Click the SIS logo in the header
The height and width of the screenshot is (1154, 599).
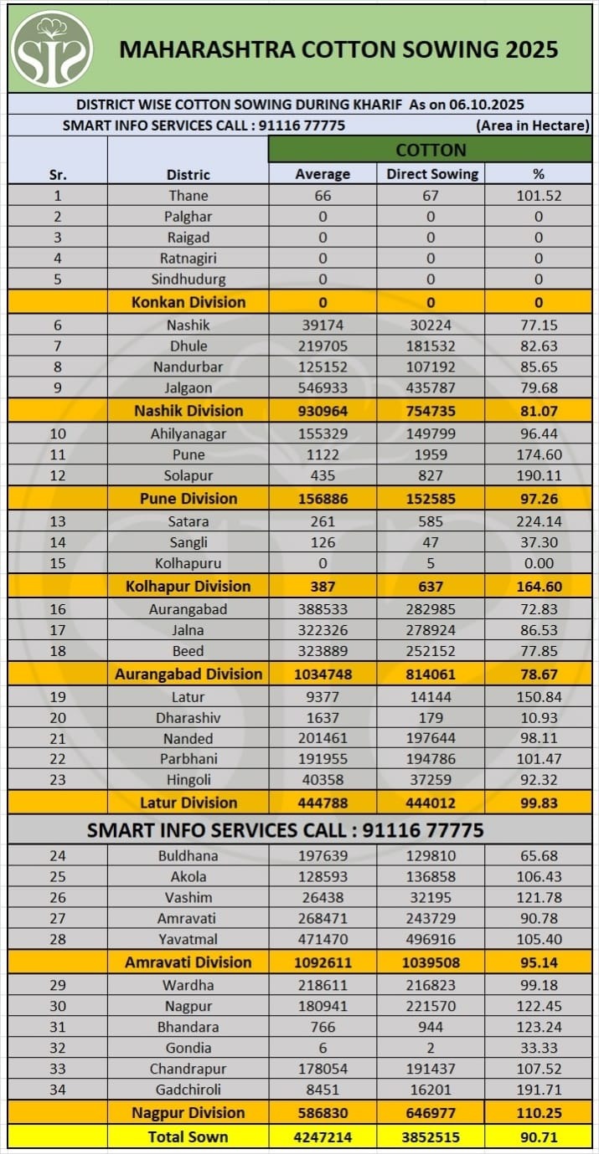pyautogui.click(x=52, y=49)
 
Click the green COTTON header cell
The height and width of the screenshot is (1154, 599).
pyautogui.click(x=430, y=150)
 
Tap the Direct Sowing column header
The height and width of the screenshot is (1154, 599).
pyautogui.click(x=431, y=174)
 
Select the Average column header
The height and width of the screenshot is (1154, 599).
pyautogui.click(x=323, y=174)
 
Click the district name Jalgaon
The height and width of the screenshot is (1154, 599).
pyautogui.click(x=188, y=387)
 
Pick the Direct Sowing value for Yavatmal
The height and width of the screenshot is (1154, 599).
pyautogui.click(x=431, y=939)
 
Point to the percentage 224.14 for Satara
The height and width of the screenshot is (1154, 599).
pyautogui.click(x=539, y=521)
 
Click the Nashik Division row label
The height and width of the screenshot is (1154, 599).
pyautogui.click(x=188, y=411)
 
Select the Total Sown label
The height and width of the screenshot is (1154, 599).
pyautogui.click(x=188, y=1136)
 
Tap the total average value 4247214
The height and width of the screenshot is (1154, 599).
pyautogui.click(x=323, y=1137)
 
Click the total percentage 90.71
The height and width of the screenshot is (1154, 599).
pyautogui.click(x=539, y=1137)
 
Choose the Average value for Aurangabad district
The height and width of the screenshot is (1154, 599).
pyautogui.click(x=323, y=609)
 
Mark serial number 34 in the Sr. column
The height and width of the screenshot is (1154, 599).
pyautogui.click(x=58, y=1090)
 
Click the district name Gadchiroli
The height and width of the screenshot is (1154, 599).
pyautogui.click(x=188, y=1090)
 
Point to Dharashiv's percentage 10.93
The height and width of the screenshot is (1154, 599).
pyautogui.click(x=539, y=717)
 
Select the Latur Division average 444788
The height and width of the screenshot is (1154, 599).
pyautogui.click(x=323, y=803)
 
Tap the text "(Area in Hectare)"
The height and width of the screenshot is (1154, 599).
pyautogui.click(x=533, y=126)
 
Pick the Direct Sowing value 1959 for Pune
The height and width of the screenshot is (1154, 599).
pyautogui.click(x=431, y=454)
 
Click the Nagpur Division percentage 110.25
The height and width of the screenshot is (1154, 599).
pyautogui.click(x=539, y=1113)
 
